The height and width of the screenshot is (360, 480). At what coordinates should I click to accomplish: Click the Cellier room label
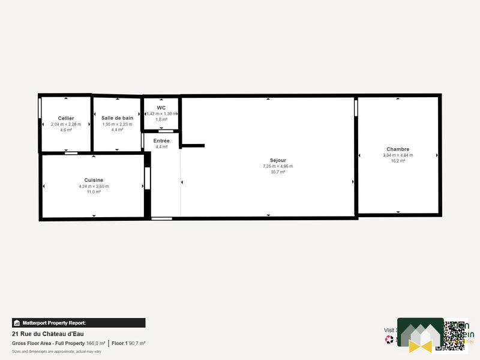click(x=66, y=118)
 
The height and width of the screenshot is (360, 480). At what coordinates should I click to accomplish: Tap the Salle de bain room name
click(x=117, y=118)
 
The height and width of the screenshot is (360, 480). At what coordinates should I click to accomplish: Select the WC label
click(x=161, y=107)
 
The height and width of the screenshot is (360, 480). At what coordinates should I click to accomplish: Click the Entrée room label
click(x=161, y=140)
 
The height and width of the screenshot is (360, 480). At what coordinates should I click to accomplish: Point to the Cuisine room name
click(x=94, y=180)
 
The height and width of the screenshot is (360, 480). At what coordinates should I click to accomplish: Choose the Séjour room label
click(x=278, y=160)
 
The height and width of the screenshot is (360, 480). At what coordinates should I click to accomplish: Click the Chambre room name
click(x=398, y=149)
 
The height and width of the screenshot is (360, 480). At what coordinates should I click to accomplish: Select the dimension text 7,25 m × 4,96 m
click(x=278, y=166)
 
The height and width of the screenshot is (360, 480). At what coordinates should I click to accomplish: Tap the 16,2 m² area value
click(x=398, y=161)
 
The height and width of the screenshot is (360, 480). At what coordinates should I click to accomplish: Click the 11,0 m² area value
click(x=94, y=192)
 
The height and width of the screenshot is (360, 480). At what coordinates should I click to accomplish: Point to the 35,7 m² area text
click(x=278, y=172)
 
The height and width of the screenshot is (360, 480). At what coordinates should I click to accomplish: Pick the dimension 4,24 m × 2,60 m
click(x=94, y=186)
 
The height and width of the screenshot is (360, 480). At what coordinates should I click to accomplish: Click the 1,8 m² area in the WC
click(x=161, y=119)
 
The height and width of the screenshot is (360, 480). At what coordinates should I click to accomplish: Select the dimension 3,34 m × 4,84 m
click(x=398, y=155)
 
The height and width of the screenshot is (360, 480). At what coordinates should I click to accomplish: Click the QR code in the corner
click(x=455, y=335)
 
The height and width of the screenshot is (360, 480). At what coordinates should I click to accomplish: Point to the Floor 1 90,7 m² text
click(x=128, y=343)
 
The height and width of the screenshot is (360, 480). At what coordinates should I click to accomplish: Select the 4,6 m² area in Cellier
click(x=66, y=130)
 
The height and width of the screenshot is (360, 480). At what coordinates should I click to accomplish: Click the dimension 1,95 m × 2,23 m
click(x=117, y=124)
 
